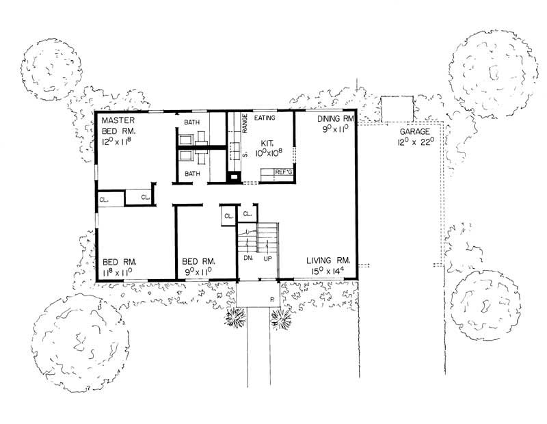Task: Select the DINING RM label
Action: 333,118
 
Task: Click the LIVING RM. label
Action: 334,261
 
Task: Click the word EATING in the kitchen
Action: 265,118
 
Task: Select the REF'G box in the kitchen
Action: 283,172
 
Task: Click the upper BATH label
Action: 191,122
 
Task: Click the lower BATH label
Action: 191,174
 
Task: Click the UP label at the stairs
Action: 268,259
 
